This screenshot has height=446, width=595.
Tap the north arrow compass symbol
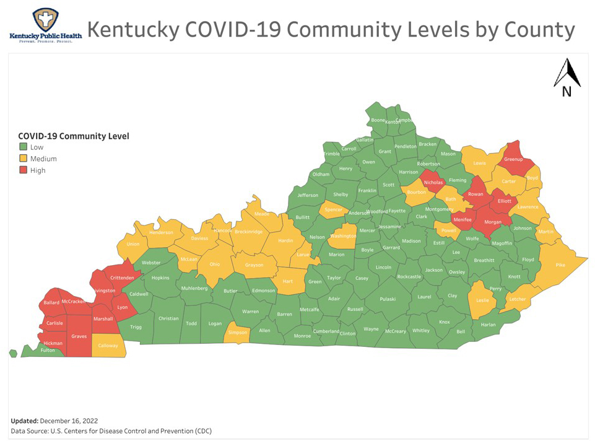coord(567,78)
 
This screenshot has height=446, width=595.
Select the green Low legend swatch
coord(23,147)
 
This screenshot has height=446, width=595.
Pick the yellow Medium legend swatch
coord(23,159)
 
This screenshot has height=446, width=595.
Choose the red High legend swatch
coord(23,170)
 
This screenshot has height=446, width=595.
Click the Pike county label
coord(560,265)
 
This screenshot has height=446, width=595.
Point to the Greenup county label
coord(514,160)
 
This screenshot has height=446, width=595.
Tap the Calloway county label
coord(108,346)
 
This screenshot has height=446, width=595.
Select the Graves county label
coord(79,336)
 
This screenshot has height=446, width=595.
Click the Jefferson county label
coord(308,196)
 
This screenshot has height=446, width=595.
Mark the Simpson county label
coord(238,333)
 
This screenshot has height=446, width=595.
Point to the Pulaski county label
coord(388,299)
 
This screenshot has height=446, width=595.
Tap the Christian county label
coord(168,318)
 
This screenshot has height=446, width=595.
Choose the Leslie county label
coord(482,300)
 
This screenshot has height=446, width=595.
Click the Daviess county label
coord(199,238)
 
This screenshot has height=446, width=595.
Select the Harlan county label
coord(489,325)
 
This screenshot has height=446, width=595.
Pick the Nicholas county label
coord(433,183)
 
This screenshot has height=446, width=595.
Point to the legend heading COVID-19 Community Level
coord(74,136)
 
